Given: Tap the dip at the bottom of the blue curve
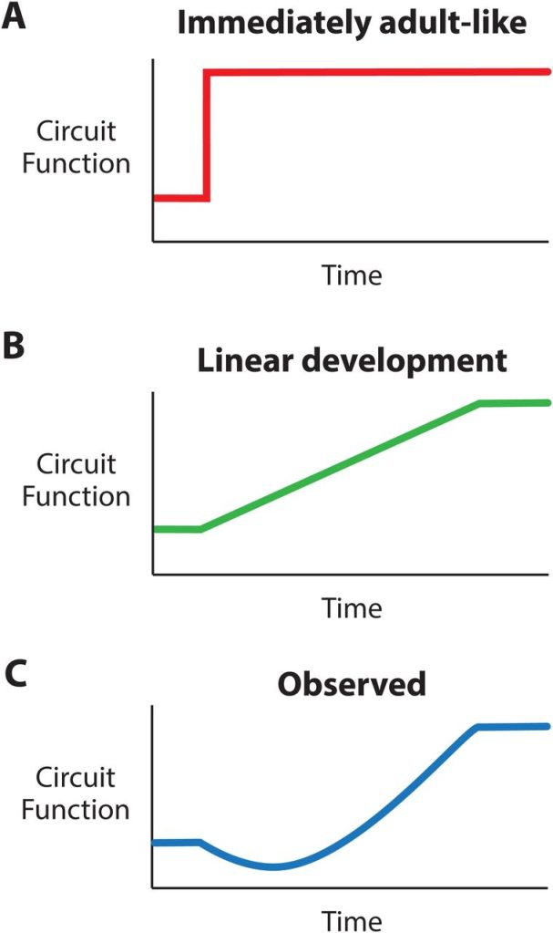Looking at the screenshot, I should pos(273,866).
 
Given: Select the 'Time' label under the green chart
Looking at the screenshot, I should pos(352,606).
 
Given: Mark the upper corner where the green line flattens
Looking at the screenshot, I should pos(480,404).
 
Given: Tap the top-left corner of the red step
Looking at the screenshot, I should pos(209,72).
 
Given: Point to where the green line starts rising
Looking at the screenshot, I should pos(200,528).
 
